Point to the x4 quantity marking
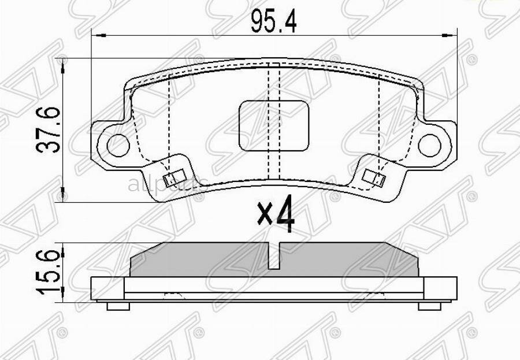(276, 215)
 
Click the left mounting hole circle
(118, 144)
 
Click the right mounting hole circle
(429, 144)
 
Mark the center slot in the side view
(275, 254)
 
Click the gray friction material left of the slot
(202, 260)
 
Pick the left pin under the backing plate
(119, 306)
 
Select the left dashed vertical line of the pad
(168, 121)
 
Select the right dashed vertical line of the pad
(378, 121)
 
